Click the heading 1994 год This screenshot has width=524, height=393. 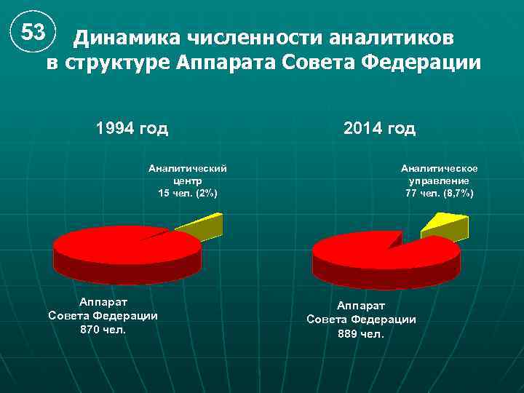[x=132, y=129]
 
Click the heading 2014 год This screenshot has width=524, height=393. [x=379, y=129]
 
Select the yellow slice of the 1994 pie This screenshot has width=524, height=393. [x=199, y=226]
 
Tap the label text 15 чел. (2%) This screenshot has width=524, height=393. [x=188, y=193]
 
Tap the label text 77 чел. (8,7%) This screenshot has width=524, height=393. [x=440, y=193]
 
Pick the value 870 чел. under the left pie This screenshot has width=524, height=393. [x=103, y=329]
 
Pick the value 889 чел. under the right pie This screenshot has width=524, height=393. [x=361, y=333]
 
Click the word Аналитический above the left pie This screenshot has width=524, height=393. [x=188, y=168]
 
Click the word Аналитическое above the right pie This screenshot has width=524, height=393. [x=440, y=168]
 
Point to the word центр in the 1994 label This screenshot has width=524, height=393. [x=188, y=180]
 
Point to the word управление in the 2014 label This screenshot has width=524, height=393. [x=440, y=180]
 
